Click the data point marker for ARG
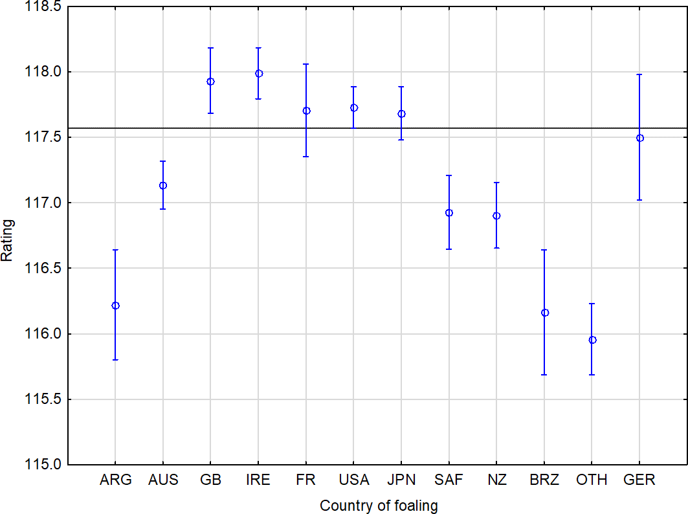click(x=115, y=306)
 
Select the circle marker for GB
click(x=210, y=82)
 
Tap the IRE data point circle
click(x=258, y=74)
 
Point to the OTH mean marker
click(x=592, y=340)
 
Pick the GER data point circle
click(x=640, y=138)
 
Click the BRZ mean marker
click(x=545, y=313)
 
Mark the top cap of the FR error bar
click(x=306, y=64)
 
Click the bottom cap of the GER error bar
click(x=640, y=200)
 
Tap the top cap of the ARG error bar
click(x=115, y=250)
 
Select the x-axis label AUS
click(x=163, y=480)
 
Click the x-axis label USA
click(x=354, y=480)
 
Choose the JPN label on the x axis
click(x=401, y=480)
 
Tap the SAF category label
click(x=449, y=480)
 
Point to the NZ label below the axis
click(x=496, y=480)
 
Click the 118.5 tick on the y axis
click(x=43, y=6)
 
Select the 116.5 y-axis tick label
click(x=43, y=268)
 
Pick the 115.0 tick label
click(x=43, y=465)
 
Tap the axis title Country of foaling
click(x=379, y=506)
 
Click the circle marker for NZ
click(x=496, y=216)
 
